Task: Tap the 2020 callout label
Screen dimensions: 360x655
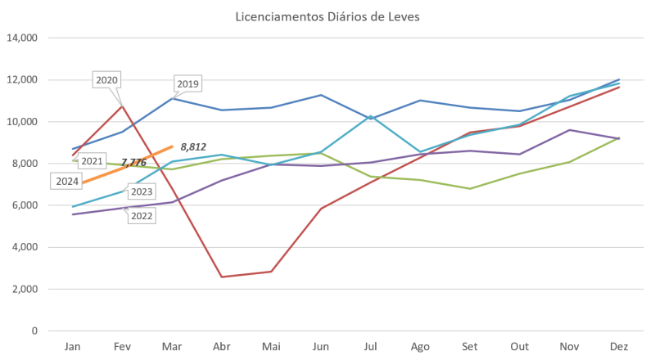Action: point(107,80)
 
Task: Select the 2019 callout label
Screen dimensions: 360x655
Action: point(188,84)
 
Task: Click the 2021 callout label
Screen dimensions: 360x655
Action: point(91,161)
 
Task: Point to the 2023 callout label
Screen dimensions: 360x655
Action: point(142,192)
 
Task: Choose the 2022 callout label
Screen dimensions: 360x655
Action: point(141,215)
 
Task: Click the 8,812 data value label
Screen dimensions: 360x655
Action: point(193,146)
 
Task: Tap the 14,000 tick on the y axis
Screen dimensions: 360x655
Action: point(24,38)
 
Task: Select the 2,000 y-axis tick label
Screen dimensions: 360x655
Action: point(26,289)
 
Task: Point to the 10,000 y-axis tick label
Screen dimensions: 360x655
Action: point(24,122)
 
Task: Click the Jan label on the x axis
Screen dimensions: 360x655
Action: point(71,347)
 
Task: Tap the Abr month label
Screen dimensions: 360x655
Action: point(221,347)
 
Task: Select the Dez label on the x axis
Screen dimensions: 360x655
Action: point(620,347)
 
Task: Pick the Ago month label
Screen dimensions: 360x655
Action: point(420,347)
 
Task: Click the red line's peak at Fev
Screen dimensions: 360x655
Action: point(122,105)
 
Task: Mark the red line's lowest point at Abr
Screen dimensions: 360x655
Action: point(222,277)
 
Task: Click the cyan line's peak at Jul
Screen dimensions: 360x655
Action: point(371,116)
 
